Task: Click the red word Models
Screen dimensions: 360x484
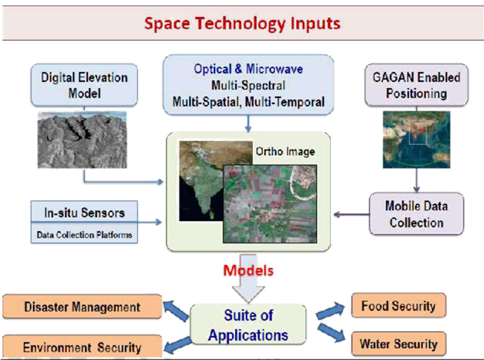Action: click(x=249, y=272)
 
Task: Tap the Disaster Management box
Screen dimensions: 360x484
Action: click(x=82, y=307)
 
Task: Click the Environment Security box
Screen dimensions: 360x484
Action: click(x=82, y=347)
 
